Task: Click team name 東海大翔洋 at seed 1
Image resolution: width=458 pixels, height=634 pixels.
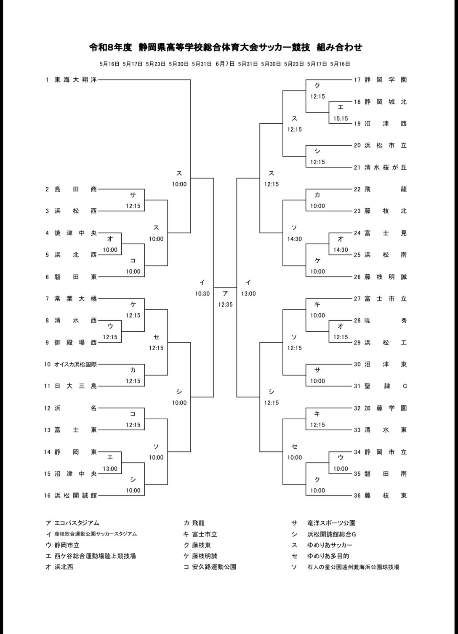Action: [x=76, y=80]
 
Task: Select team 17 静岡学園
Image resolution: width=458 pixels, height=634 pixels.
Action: [x=386, y=80]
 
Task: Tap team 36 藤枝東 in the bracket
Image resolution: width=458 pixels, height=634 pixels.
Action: [x=386, y=495]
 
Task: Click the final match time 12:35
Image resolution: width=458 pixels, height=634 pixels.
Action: [x=225, y=304]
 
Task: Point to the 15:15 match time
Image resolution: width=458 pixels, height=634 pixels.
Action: [x=341, y=119]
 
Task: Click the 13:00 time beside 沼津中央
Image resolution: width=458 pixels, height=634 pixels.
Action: [x=110, y=469]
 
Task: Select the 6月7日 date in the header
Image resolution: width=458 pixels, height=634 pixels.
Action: [x=225, y=64]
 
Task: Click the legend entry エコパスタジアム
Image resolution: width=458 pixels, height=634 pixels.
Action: [x=77, y=523]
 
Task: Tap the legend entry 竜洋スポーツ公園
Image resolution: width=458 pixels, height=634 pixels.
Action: [x=331, y=523]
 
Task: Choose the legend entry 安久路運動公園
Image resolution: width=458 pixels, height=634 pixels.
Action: [x=214, y=567]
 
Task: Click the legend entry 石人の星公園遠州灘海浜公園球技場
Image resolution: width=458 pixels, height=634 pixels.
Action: [x=353, y=567]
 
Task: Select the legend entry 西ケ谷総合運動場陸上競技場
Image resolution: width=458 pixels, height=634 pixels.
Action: [x=95, y=556]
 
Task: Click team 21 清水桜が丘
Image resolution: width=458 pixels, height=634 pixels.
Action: [x=386, y=168]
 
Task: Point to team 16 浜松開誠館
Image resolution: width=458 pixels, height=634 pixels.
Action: [x=76, y=495]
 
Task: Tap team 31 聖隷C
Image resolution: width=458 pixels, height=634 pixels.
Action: [x=386, y=386]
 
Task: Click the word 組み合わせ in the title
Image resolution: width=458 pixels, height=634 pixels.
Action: [x=339, y=47]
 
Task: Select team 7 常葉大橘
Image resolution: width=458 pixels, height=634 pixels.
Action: [x=76, y=298]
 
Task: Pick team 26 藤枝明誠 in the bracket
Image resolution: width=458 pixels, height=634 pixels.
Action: [x=386, y=277]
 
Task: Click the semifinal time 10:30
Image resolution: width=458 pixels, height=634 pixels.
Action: [x=202, y=294]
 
